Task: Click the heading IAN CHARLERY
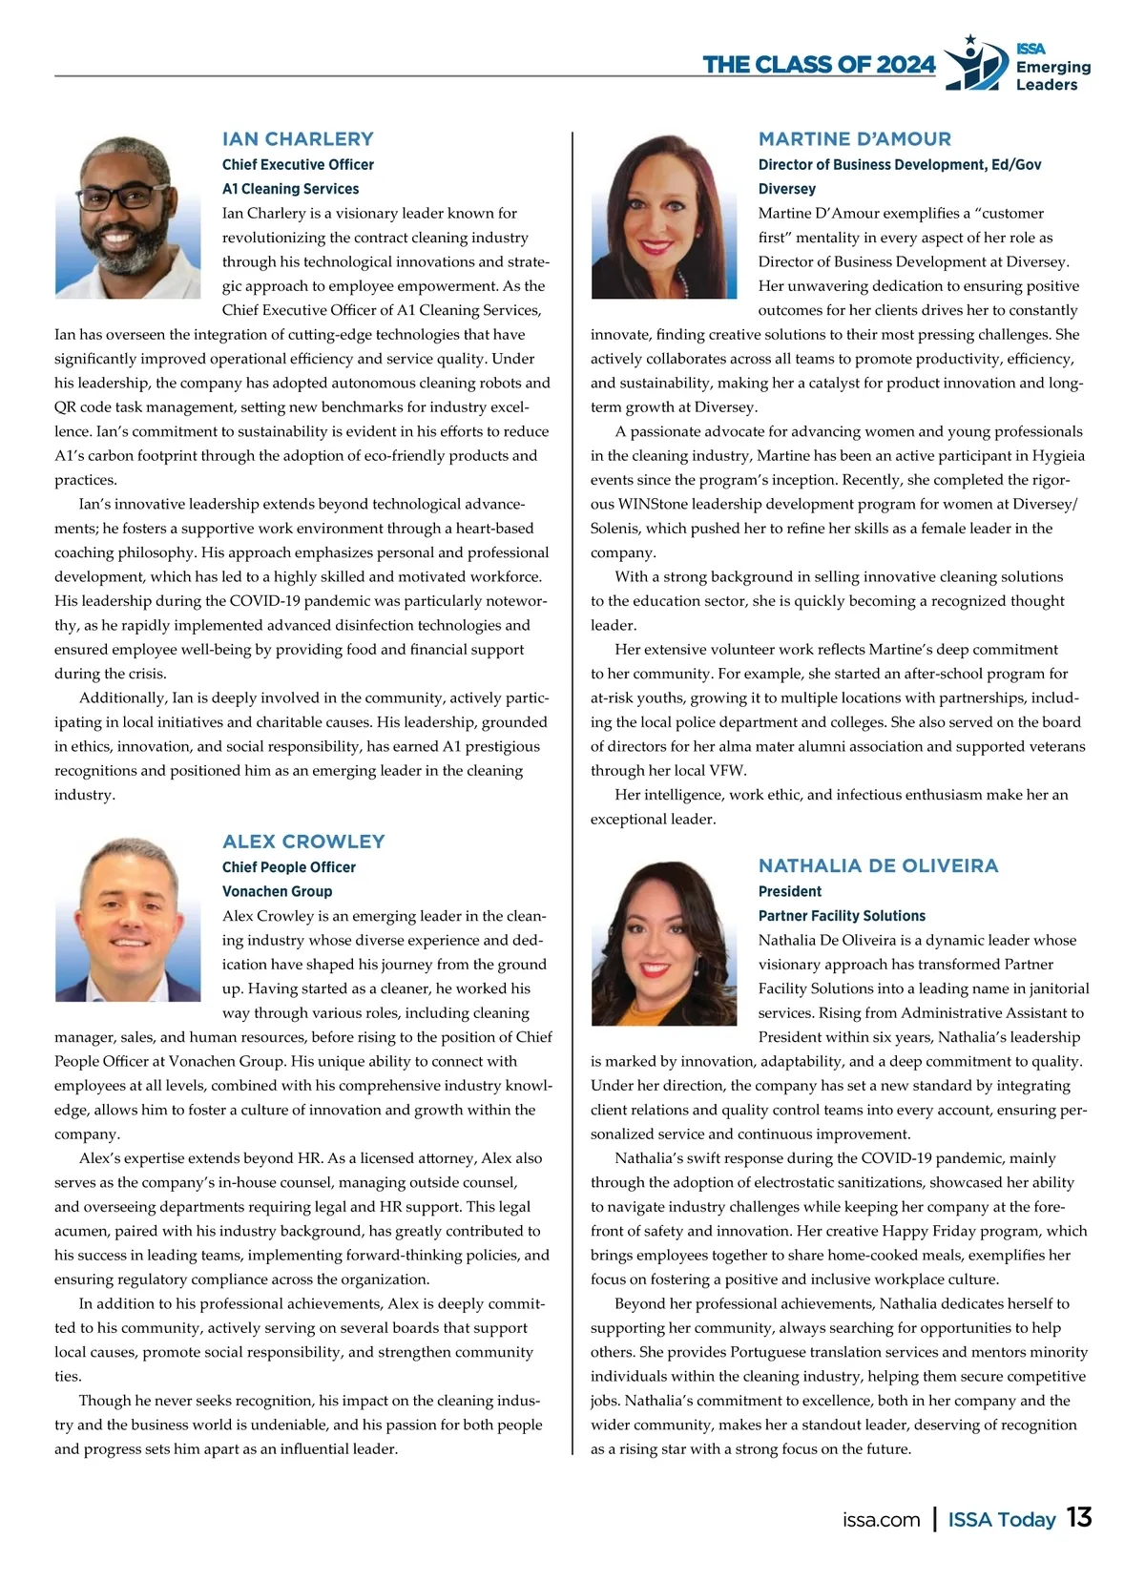point(298,139)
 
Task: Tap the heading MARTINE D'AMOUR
point(854,139)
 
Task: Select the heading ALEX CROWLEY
point(303,842)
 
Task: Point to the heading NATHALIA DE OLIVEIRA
point(878,866)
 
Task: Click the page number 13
point(1079,1518)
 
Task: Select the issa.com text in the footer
point(881,1520)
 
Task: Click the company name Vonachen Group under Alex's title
point(277,891)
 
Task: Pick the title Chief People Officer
point(288,867)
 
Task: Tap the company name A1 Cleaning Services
point(290,189)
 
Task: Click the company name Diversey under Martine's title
point(787,189)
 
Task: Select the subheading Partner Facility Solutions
point(842,916)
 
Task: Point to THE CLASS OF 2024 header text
point(819,65)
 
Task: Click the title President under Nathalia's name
point(789,891)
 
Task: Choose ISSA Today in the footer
point(1001,1520)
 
